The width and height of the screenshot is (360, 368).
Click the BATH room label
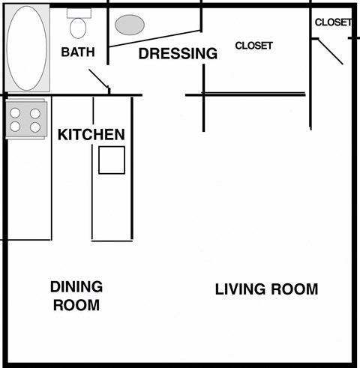[77, 52]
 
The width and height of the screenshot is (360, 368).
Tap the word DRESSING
[178, 54]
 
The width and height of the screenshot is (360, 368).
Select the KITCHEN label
[91, 135]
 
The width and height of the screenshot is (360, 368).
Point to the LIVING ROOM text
[266, 289]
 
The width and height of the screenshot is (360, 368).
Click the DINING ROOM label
[76, 296]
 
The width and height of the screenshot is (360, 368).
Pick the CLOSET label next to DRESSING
[253, 46]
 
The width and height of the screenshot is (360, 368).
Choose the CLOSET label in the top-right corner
[332, 22]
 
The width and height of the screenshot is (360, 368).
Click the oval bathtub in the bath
[28, 48]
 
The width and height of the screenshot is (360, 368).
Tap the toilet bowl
[77, 28]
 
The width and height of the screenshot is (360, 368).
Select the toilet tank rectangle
[77, 13]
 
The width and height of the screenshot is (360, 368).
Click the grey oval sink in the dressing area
[130, 24]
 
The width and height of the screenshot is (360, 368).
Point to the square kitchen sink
[112, 160]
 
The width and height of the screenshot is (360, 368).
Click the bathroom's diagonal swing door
[99, 79]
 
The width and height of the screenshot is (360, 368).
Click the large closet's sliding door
[253, 94]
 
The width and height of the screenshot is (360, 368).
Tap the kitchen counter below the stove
[28, 187]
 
